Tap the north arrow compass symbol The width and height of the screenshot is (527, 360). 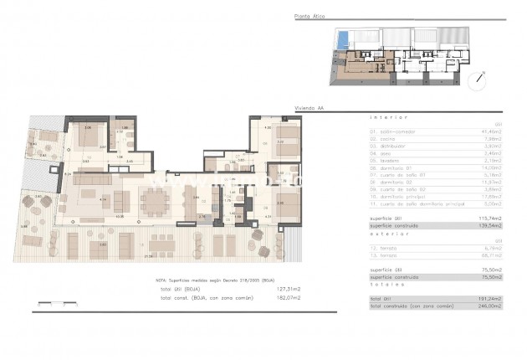(x=478, y=80)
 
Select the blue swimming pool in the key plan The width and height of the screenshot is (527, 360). (x=341, y=38)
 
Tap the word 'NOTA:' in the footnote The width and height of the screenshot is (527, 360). (x=162, y=280)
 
